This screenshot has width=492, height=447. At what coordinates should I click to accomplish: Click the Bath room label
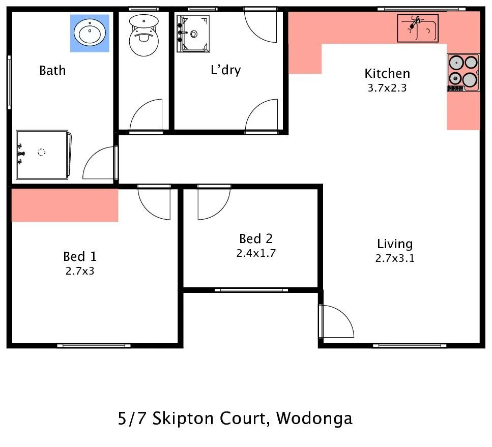coord(52,70)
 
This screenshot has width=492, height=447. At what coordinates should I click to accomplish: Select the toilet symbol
coord(143,35)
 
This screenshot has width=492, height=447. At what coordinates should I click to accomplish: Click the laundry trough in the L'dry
coord(193,34)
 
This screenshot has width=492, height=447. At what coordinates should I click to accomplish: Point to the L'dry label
coord(225,70)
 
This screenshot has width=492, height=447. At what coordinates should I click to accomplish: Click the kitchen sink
coord(417,28)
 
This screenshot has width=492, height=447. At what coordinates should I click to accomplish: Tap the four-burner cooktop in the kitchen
coord(463,72)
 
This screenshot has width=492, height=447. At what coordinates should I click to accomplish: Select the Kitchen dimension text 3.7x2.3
coord(387,87)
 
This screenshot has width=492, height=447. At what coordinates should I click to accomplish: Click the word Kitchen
coord(387,74)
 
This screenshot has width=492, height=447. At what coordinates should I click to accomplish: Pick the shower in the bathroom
coord(43,155)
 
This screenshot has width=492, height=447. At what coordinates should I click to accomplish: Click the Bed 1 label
coord(80,256)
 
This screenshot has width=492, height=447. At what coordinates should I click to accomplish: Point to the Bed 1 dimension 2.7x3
coord(80,271)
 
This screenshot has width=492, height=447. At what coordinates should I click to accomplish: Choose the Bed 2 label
coord(256,239)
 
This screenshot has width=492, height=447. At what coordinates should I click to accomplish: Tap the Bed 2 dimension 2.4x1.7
coord(256,253)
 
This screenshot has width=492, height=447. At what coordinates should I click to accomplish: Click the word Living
coord(395,244)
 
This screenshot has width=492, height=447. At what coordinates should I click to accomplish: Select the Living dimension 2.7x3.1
coord(395,258)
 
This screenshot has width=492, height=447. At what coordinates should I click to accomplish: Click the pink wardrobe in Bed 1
coord(65,204)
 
